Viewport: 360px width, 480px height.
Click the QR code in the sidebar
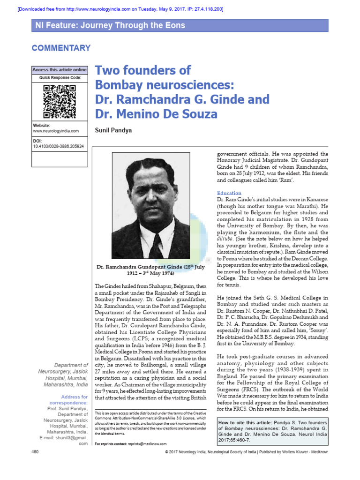(x=59, y=101)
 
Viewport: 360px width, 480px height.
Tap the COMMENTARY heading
(x=61, y=48)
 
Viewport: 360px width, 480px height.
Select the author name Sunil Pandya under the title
(x=113, y=130)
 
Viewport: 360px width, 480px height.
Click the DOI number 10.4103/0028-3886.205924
(x=59, y=146)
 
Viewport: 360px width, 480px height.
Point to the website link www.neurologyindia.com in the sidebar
(x=56, y=131)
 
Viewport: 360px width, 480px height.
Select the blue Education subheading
(x=229, y=193)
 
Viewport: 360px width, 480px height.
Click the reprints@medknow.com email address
(x=146, y=443)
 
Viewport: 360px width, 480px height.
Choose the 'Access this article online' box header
(x=59, y=70)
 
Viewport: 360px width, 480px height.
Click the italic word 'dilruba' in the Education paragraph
(x=226, y=239)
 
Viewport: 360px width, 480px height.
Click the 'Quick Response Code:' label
(x=59, y=77)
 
